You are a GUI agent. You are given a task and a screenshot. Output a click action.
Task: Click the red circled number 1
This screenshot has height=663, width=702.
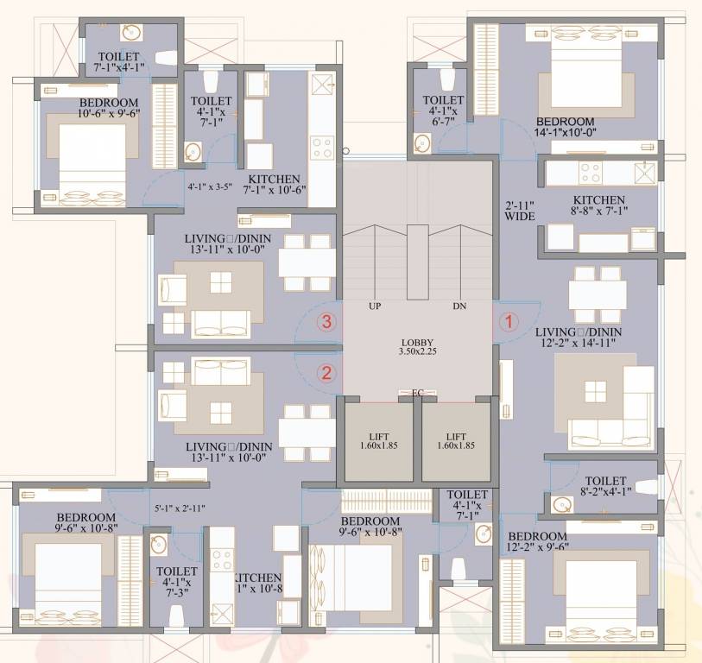point(509,322)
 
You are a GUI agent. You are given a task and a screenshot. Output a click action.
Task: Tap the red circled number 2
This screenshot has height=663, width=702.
point(326,373)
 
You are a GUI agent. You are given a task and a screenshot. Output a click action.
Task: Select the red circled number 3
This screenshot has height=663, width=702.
point(326,322)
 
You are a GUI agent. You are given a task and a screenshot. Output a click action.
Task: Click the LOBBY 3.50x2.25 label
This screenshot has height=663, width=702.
point(417,346)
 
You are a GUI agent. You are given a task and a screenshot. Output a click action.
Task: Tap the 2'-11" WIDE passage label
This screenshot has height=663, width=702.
point(521,212)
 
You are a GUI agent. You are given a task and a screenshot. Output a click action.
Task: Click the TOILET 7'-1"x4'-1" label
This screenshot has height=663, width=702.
point(118,62)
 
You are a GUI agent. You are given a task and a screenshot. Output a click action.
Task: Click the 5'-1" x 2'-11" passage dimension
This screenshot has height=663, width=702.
point(180,508)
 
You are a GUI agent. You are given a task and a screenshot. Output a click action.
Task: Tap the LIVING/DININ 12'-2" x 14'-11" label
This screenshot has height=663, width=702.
point(579,338)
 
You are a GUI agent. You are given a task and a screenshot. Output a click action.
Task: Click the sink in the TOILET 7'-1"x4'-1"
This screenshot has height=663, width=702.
point(131,34)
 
